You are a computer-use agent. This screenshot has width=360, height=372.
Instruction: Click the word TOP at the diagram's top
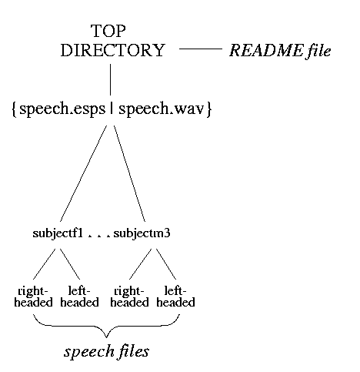tap(108, 31)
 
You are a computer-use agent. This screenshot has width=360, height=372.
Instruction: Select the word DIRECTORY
tap(112, 50)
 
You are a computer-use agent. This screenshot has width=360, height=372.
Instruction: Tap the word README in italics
tap(266, 50)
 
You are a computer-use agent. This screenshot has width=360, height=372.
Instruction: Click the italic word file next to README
tap(318, 51)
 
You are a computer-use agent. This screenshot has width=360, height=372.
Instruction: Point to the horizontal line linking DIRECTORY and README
tap(201, 49)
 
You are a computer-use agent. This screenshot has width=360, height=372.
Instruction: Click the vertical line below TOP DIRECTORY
tap(111, 79)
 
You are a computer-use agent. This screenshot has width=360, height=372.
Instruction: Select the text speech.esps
tap(62, 109)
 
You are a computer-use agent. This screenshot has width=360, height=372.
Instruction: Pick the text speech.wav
tap(162, 109)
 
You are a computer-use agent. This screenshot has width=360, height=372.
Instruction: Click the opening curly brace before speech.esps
tap(15, 109)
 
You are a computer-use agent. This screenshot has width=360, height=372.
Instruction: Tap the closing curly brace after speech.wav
tap(209, 109)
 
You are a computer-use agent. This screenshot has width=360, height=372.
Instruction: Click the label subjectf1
tap(58, 233)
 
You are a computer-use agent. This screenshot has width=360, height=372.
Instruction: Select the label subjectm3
tap(142, 233)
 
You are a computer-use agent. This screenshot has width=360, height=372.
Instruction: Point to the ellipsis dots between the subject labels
tap(98, 236)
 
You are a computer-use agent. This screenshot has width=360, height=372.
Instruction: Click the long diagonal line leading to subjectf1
tap(83, 173)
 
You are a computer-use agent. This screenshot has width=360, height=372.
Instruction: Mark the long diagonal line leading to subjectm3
tap(129, 173)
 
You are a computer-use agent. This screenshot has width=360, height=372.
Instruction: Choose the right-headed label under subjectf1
tap(33, 297)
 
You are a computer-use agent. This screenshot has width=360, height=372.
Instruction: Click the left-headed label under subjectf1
tap(79, 297)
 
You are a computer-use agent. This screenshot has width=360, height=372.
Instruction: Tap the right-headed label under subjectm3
tap(129, 297)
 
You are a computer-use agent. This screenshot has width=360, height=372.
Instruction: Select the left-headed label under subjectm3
tap(175, 297)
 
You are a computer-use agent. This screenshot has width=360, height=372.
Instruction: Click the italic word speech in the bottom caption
tap(89, 352)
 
